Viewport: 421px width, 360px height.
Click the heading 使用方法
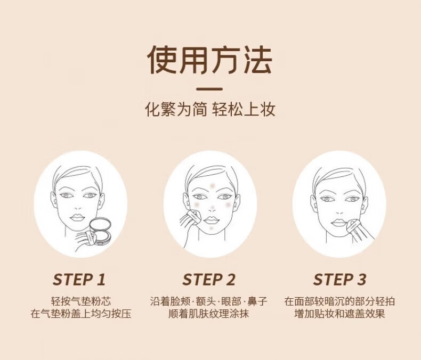pyautogui.click(x=209, y=60)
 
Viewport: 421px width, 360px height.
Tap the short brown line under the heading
pyautogui.click(x=209, y=89)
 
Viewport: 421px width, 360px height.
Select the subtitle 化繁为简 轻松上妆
pyautogui.click(x=210, y=109)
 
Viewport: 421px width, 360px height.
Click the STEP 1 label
pyautogui.click(x=79, y=280)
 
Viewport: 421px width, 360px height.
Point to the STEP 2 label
pyautogui.click(x=209, y=280)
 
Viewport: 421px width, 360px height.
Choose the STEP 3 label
pyautogui.click(x=339, y=280)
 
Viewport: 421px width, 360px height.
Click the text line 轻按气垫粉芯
pyautogui.click(x=81, y=301)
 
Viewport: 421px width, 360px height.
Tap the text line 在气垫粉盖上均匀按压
pyautogui.click(x=81, y=314)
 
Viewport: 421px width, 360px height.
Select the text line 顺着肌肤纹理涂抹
pyautogui.click(x=209, y=314)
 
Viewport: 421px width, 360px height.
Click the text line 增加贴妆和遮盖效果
pyautogui.click(x=339, y=314)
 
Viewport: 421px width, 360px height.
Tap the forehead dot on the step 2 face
pyautogui.click(x=213, y=186)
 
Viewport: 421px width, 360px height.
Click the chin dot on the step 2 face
pyautogui.click(x=212, y=228)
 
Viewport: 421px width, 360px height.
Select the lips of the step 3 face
pyautogui.click(x=338, y=223)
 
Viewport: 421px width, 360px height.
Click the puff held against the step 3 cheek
pyautogui.click(x=353, y=225)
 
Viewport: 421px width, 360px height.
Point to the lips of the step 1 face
pyautogui.click(x=77, y=217)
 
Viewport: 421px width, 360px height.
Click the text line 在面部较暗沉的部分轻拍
pyautogui.click(x=339, y=301)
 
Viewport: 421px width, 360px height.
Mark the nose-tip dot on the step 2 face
pyautogui.click(x=213, y=208)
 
